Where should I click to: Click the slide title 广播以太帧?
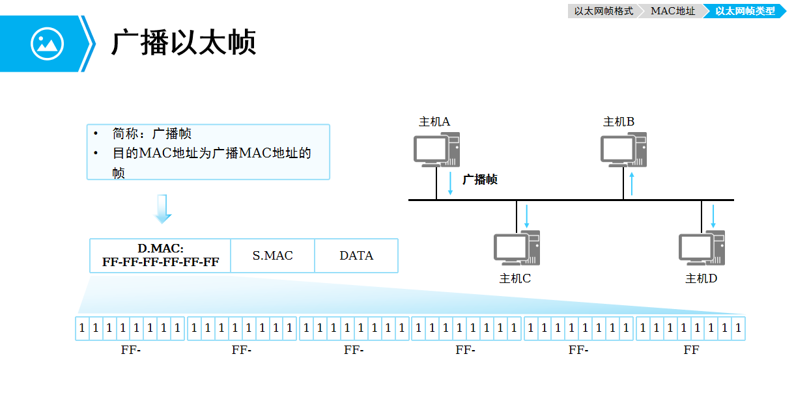coord(183,43)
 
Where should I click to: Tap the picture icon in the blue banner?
coord(47,44)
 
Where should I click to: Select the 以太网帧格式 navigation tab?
coord(604,11)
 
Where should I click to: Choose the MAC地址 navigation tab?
coord(672,11)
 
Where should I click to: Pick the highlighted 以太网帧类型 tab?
coord(744,11)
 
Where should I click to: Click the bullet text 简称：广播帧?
coord(152,134)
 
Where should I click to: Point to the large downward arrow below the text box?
coord(163,209)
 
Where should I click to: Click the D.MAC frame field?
coord(160,255)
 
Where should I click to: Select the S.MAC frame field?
coord(272,255)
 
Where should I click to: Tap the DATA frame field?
coord(356,255)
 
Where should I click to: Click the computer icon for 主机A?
coord(436,150)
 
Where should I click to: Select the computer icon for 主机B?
coord(623,150)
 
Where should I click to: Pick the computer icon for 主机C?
coord(517,248)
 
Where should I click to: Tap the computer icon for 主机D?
coord(702,248)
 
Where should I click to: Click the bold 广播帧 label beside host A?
coord(480,180)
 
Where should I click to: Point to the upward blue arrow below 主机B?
coord(632,183)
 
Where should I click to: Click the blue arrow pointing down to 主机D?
coord(713,216)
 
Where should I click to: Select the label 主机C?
coord(515,278)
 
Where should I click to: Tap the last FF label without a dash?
coord(691,350)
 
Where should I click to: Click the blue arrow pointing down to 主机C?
coord(527,216)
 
